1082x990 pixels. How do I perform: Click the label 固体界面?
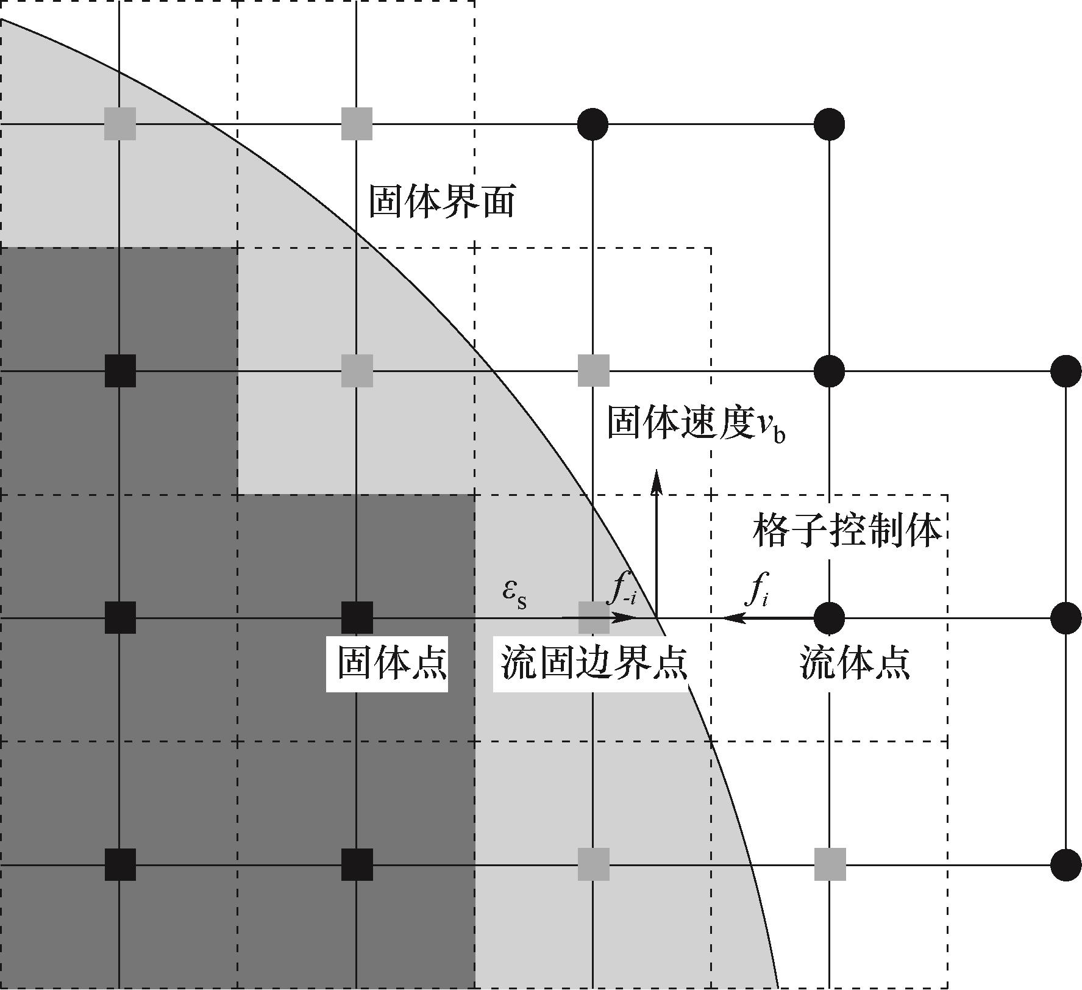pos(442,202)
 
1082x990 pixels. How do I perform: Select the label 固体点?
pos(392,664)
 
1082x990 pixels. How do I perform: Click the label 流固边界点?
pos(594,664)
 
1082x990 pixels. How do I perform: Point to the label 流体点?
pos(855,664)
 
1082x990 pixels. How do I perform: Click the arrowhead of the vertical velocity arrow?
pos(657,479)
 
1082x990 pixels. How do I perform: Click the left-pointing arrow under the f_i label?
pos(768,618)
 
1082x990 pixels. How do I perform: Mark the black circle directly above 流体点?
pos(830,617)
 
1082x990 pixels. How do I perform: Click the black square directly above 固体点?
pos(357,617)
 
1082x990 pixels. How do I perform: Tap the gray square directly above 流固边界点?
pos(593,617)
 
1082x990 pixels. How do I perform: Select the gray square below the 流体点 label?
pos(830,864)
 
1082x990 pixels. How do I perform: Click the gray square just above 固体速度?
pos(593,370)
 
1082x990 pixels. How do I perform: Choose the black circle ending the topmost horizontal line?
pos(830,124)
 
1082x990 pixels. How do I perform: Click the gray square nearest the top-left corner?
pos(119,124)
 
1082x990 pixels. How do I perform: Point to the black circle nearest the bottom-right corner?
pos(1066,864)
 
